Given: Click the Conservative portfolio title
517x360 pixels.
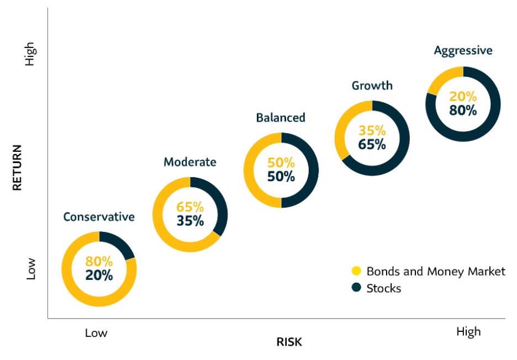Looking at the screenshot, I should pyautogui.click(x=99, y=216).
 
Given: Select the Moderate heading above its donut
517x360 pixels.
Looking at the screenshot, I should pyautogui.click(x=190, y=162).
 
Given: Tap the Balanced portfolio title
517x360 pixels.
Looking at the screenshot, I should pyautogui.click(x=281, y=118).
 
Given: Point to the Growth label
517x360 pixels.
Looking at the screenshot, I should pyautogui.click(x=372, y=86).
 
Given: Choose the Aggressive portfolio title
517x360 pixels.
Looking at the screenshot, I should pyautogui.click(x=463, y=51).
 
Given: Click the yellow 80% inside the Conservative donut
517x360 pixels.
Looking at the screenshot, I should pyautogui.click(x=99, y=262).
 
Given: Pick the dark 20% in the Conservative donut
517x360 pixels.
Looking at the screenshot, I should pyautogui.click(x=99, y=276).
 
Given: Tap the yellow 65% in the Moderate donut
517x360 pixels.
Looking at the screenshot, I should pyautogui.click(x=190, y=208).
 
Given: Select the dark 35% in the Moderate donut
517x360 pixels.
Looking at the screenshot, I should pyautogui.click(x=190, y=221).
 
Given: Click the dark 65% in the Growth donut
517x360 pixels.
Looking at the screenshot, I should pyautogui.click(x=372, y=145).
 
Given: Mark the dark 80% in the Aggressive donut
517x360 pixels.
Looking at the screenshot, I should pyautogui.click(x=463, y=110).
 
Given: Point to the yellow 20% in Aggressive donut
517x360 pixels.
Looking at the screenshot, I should pyautogui.click(x=463, y=96).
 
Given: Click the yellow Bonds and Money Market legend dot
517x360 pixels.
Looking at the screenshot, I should pyautogui.click(x=356, y=271).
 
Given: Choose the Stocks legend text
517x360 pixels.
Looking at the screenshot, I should pyautogui.click(x=384, y=288).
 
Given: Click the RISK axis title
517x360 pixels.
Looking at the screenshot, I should pyautogui.click(x=289, y=342).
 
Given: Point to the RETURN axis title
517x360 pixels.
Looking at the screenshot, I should pyautogui.click(x=17, y=167).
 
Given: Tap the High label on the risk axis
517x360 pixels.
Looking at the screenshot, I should pyautogui.click(x=468, y=331).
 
